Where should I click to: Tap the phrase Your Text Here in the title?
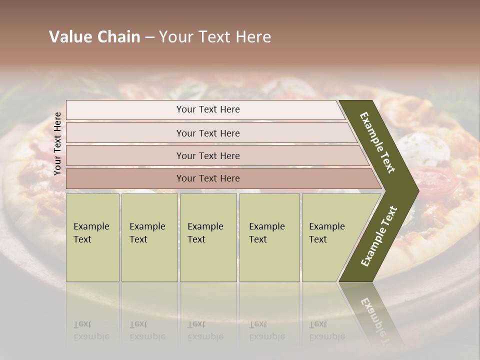click(215, 37)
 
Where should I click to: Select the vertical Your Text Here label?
click(57, 143)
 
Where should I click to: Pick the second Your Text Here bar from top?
click(208, 133)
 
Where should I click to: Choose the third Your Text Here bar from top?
click(208, 155)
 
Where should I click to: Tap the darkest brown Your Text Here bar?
click(208, 178)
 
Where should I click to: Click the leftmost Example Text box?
click(92, 237)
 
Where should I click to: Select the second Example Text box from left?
click(149, 237)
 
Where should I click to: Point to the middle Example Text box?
click(208, 237)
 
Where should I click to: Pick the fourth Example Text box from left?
click(269, 237)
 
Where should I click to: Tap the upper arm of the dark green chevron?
click(377, 142)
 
